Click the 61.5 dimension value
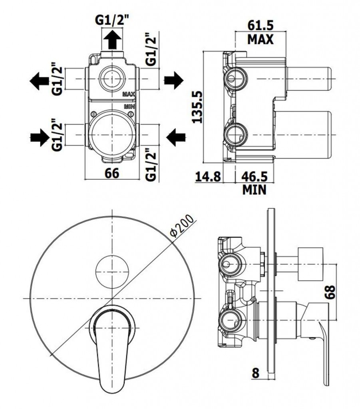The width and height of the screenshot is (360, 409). pos(260,26)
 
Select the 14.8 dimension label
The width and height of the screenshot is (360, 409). pos(208,176)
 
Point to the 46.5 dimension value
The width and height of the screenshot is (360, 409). pos(254,176)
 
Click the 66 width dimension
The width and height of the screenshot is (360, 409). pos(112,173)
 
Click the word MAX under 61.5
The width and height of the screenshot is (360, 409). pos(260,39)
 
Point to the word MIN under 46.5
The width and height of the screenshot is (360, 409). pos(254,189)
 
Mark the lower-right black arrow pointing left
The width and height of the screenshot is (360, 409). pos(175,137)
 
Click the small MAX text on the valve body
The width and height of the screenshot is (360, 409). pos(129,94)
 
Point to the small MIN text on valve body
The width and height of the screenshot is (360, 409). pos(129,107)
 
